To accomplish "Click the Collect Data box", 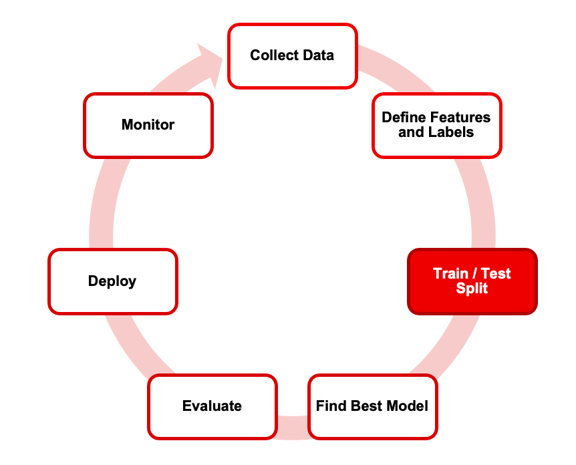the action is [x=293, y=56].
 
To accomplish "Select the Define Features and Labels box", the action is [x=437, y=126].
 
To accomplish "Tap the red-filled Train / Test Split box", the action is [x=472, y=281].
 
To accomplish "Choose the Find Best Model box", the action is [x=373, y=407].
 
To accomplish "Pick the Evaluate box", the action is [x=212, y=407].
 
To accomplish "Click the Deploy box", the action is [x=113, y=281].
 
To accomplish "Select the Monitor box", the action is [x=148, y=126].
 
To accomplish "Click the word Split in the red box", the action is [x=472, y=289].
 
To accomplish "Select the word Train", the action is [x=450, y=274].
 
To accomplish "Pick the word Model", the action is [x=408, y=406].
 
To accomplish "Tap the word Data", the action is [x=319, y=55].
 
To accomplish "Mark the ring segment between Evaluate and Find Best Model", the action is [x=293, y=428].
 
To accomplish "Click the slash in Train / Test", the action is [x=474, y=274].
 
